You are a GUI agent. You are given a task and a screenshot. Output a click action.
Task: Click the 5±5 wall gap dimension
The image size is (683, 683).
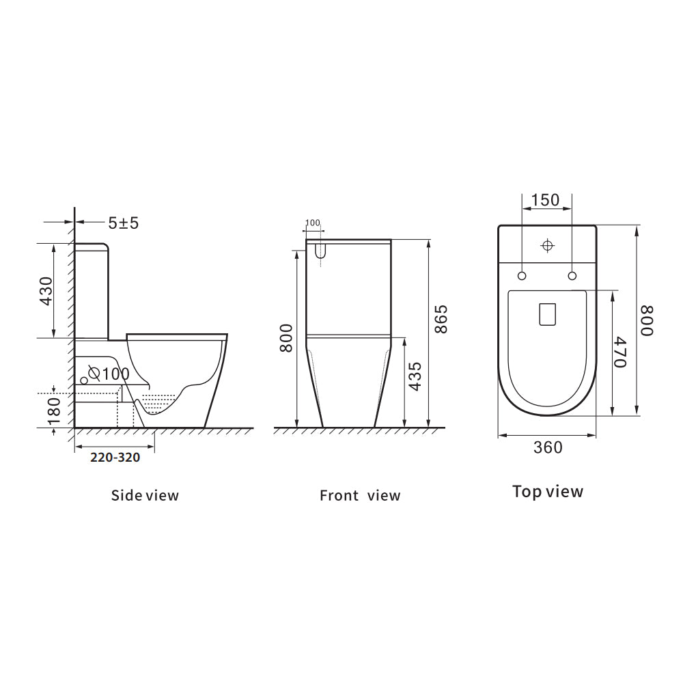123,223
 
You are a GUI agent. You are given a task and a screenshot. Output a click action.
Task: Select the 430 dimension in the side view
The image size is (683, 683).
46,291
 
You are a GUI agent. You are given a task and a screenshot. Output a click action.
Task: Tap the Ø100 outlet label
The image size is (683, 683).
109,374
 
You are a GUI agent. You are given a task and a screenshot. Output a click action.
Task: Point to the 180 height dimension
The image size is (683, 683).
55,410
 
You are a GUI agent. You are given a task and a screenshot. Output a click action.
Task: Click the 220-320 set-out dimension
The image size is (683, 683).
115,458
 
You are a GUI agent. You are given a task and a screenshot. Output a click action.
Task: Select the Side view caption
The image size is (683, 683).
145,495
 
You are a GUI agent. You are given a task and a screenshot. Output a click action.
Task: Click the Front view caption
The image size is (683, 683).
360,495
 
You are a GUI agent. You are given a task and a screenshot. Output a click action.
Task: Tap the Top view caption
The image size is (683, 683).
548,491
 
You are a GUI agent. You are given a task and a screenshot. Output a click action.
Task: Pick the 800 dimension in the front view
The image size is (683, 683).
287,337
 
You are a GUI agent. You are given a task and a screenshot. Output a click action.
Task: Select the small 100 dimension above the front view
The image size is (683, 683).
313,223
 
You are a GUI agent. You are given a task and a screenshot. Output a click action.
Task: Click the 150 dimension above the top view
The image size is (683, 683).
545,200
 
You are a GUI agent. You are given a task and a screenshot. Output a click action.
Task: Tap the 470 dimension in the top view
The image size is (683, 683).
619,352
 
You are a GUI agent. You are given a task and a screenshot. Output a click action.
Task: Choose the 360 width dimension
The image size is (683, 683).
548,447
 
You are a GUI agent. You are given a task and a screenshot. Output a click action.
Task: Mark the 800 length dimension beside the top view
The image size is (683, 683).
646,320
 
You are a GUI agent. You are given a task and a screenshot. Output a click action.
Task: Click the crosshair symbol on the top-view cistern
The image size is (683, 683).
547,245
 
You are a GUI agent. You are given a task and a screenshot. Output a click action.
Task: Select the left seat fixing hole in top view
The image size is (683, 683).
522,275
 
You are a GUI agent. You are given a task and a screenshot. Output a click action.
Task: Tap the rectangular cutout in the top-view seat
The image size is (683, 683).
548,313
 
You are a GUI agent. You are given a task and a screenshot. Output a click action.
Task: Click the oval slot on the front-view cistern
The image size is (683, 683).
318,251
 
